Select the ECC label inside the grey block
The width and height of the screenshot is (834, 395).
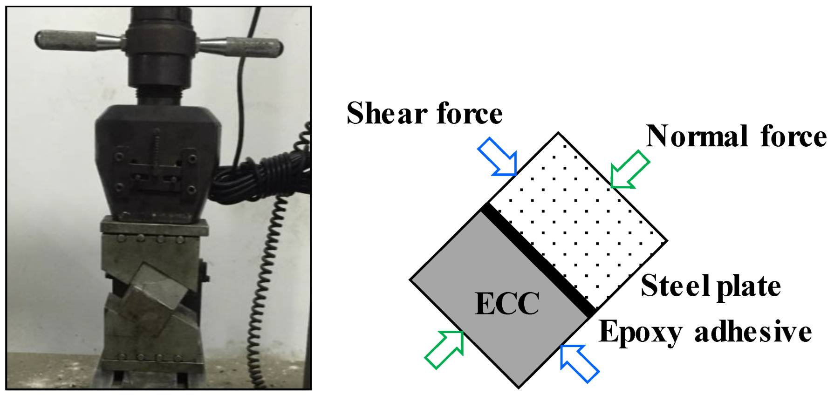point(507,304)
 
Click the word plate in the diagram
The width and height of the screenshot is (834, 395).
point(749,286)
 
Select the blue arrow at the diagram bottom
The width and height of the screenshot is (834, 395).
point(579,363)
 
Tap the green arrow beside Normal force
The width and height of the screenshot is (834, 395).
point(629,169)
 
